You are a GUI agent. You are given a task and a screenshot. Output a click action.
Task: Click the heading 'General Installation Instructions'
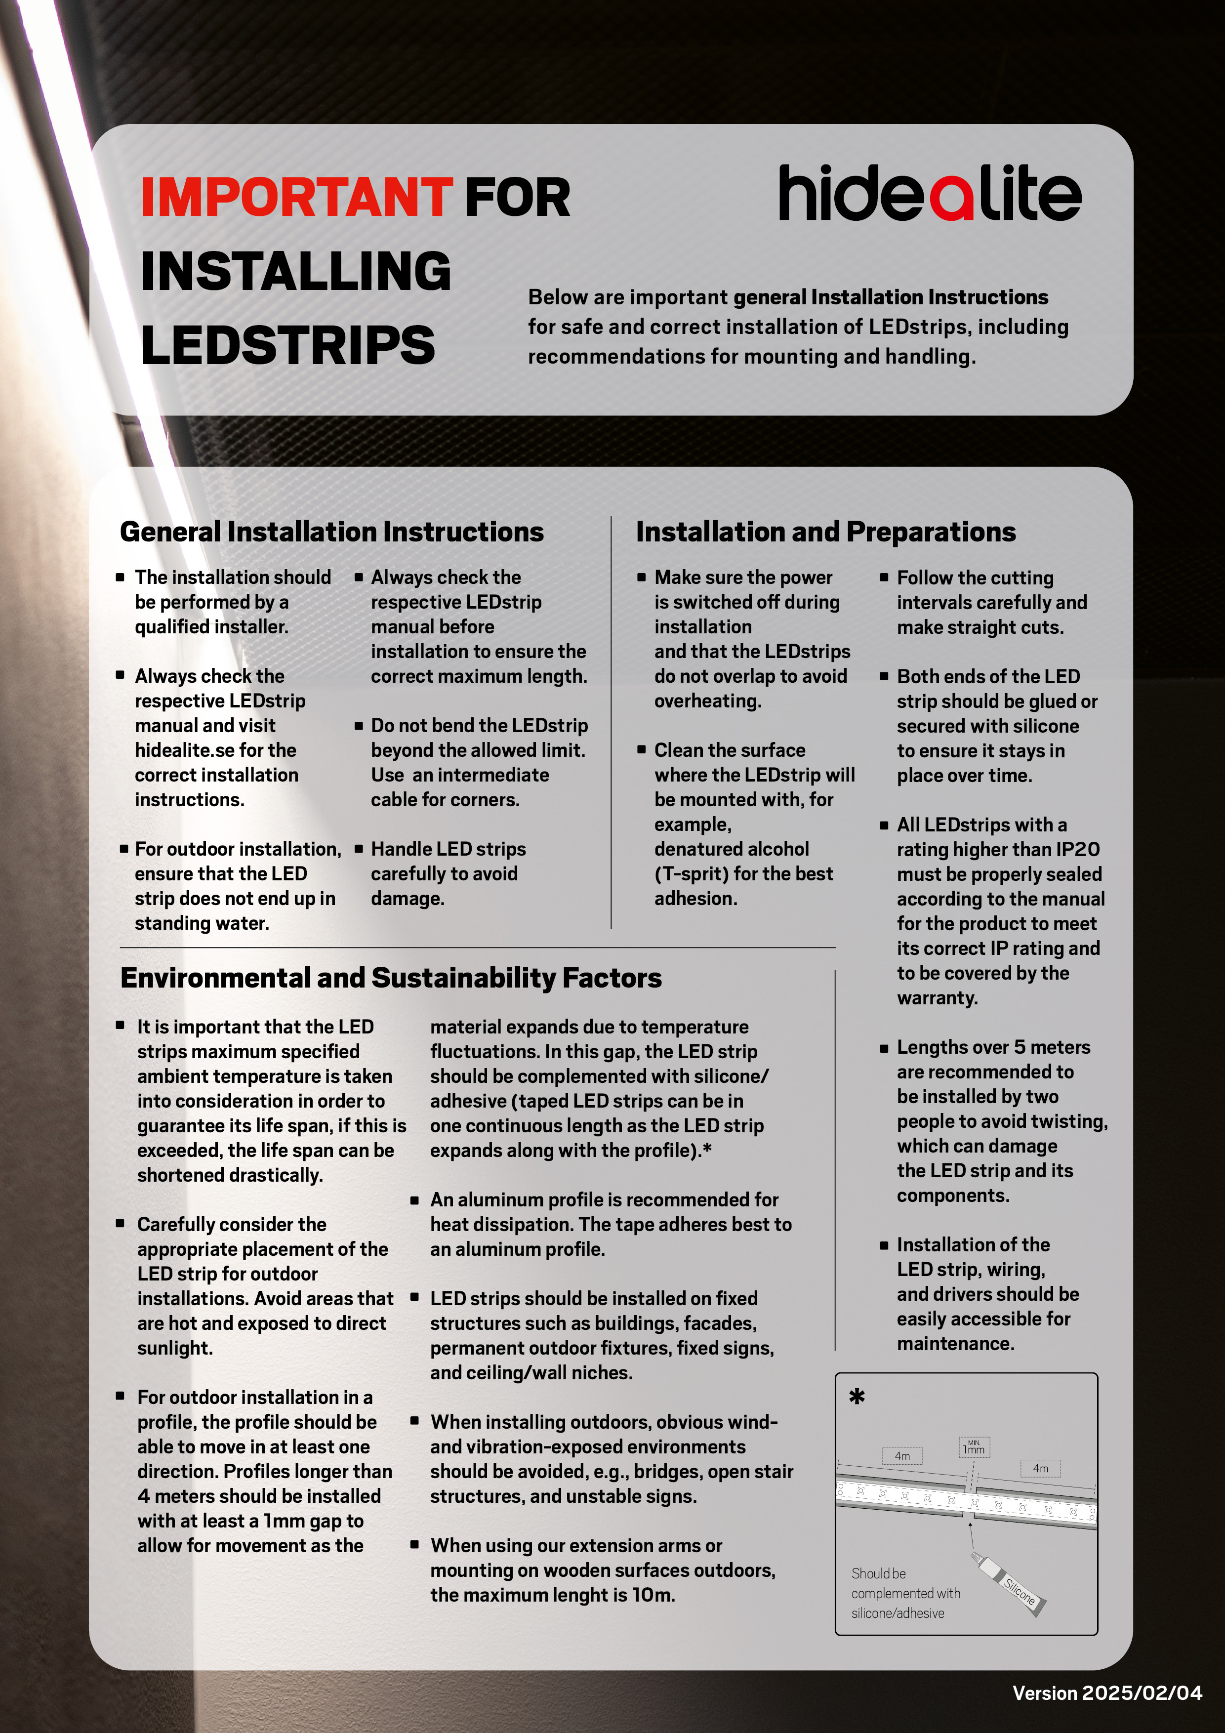pyautogui.click(x=331, y=532)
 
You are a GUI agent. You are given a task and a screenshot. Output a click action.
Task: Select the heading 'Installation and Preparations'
pyautogui.click(x=826, y=532)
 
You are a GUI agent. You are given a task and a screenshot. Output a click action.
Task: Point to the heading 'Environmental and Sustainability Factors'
pyautogui.click(x=391, y=978)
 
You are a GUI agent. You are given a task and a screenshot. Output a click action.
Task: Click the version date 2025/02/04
pyautogui.click(x=1141, y=1693)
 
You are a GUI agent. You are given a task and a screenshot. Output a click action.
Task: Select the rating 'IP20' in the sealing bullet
pyautogui.click(x=1077, y=850)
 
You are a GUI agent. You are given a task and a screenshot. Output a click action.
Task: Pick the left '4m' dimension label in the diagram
pyautogui.click(x=902, y=1456)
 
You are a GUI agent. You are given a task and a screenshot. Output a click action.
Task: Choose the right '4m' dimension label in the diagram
pyautogui.click(x=1040, y=1468)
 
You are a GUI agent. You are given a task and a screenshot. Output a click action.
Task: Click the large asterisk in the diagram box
pyautogui.click(x=857, y=1397)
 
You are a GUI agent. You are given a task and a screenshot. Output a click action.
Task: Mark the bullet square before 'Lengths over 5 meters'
pyautogui.click(x=884, y=1048)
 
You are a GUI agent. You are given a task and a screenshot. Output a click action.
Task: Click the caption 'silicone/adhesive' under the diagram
pyautogui.click(x=898, y=1613)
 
